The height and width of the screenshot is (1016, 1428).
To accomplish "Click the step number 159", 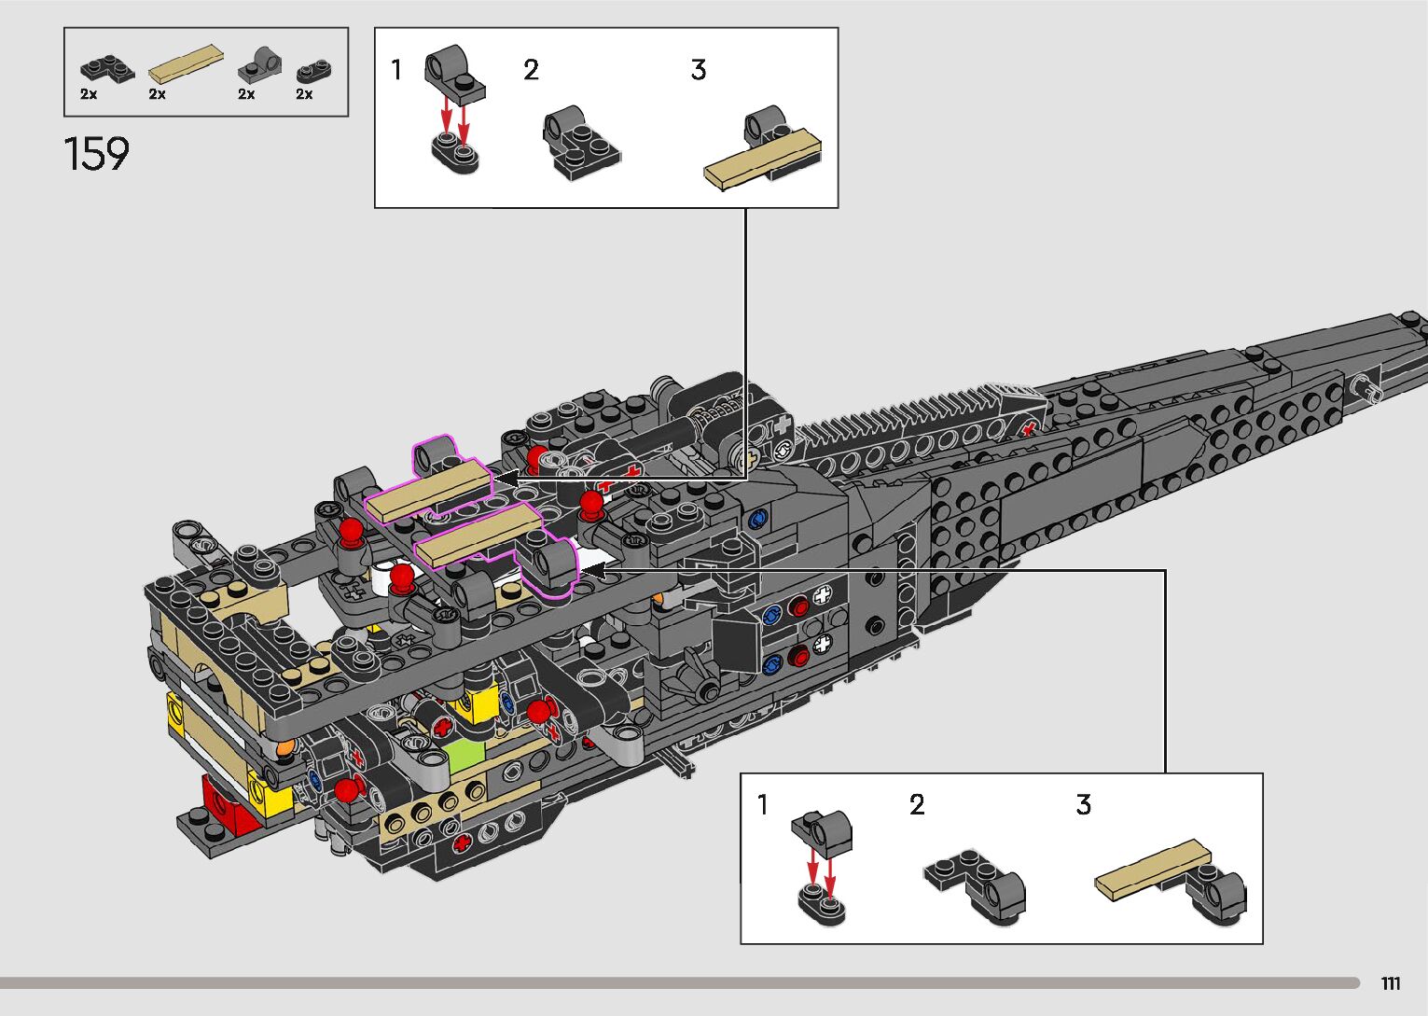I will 97,154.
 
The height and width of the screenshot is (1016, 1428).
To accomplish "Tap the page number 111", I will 1391,984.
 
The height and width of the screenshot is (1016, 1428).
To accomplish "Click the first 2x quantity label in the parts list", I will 89,94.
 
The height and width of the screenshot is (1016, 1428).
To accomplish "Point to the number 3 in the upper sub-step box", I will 699,70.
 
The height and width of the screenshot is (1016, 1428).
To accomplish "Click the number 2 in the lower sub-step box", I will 917,805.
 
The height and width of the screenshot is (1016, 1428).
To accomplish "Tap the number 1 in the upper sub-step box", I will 396,70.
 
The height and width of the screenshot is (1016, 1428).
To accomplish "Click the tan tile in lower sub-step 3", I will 1153,870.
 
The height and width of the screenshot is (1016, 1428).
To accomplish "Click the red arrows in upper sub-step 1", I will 454,117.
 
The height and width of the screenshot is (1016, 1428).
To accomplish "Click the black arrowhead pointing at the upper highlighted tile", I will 505,478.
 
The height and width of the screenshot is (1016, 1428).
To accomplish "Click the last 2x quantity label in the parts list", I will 304,94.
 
